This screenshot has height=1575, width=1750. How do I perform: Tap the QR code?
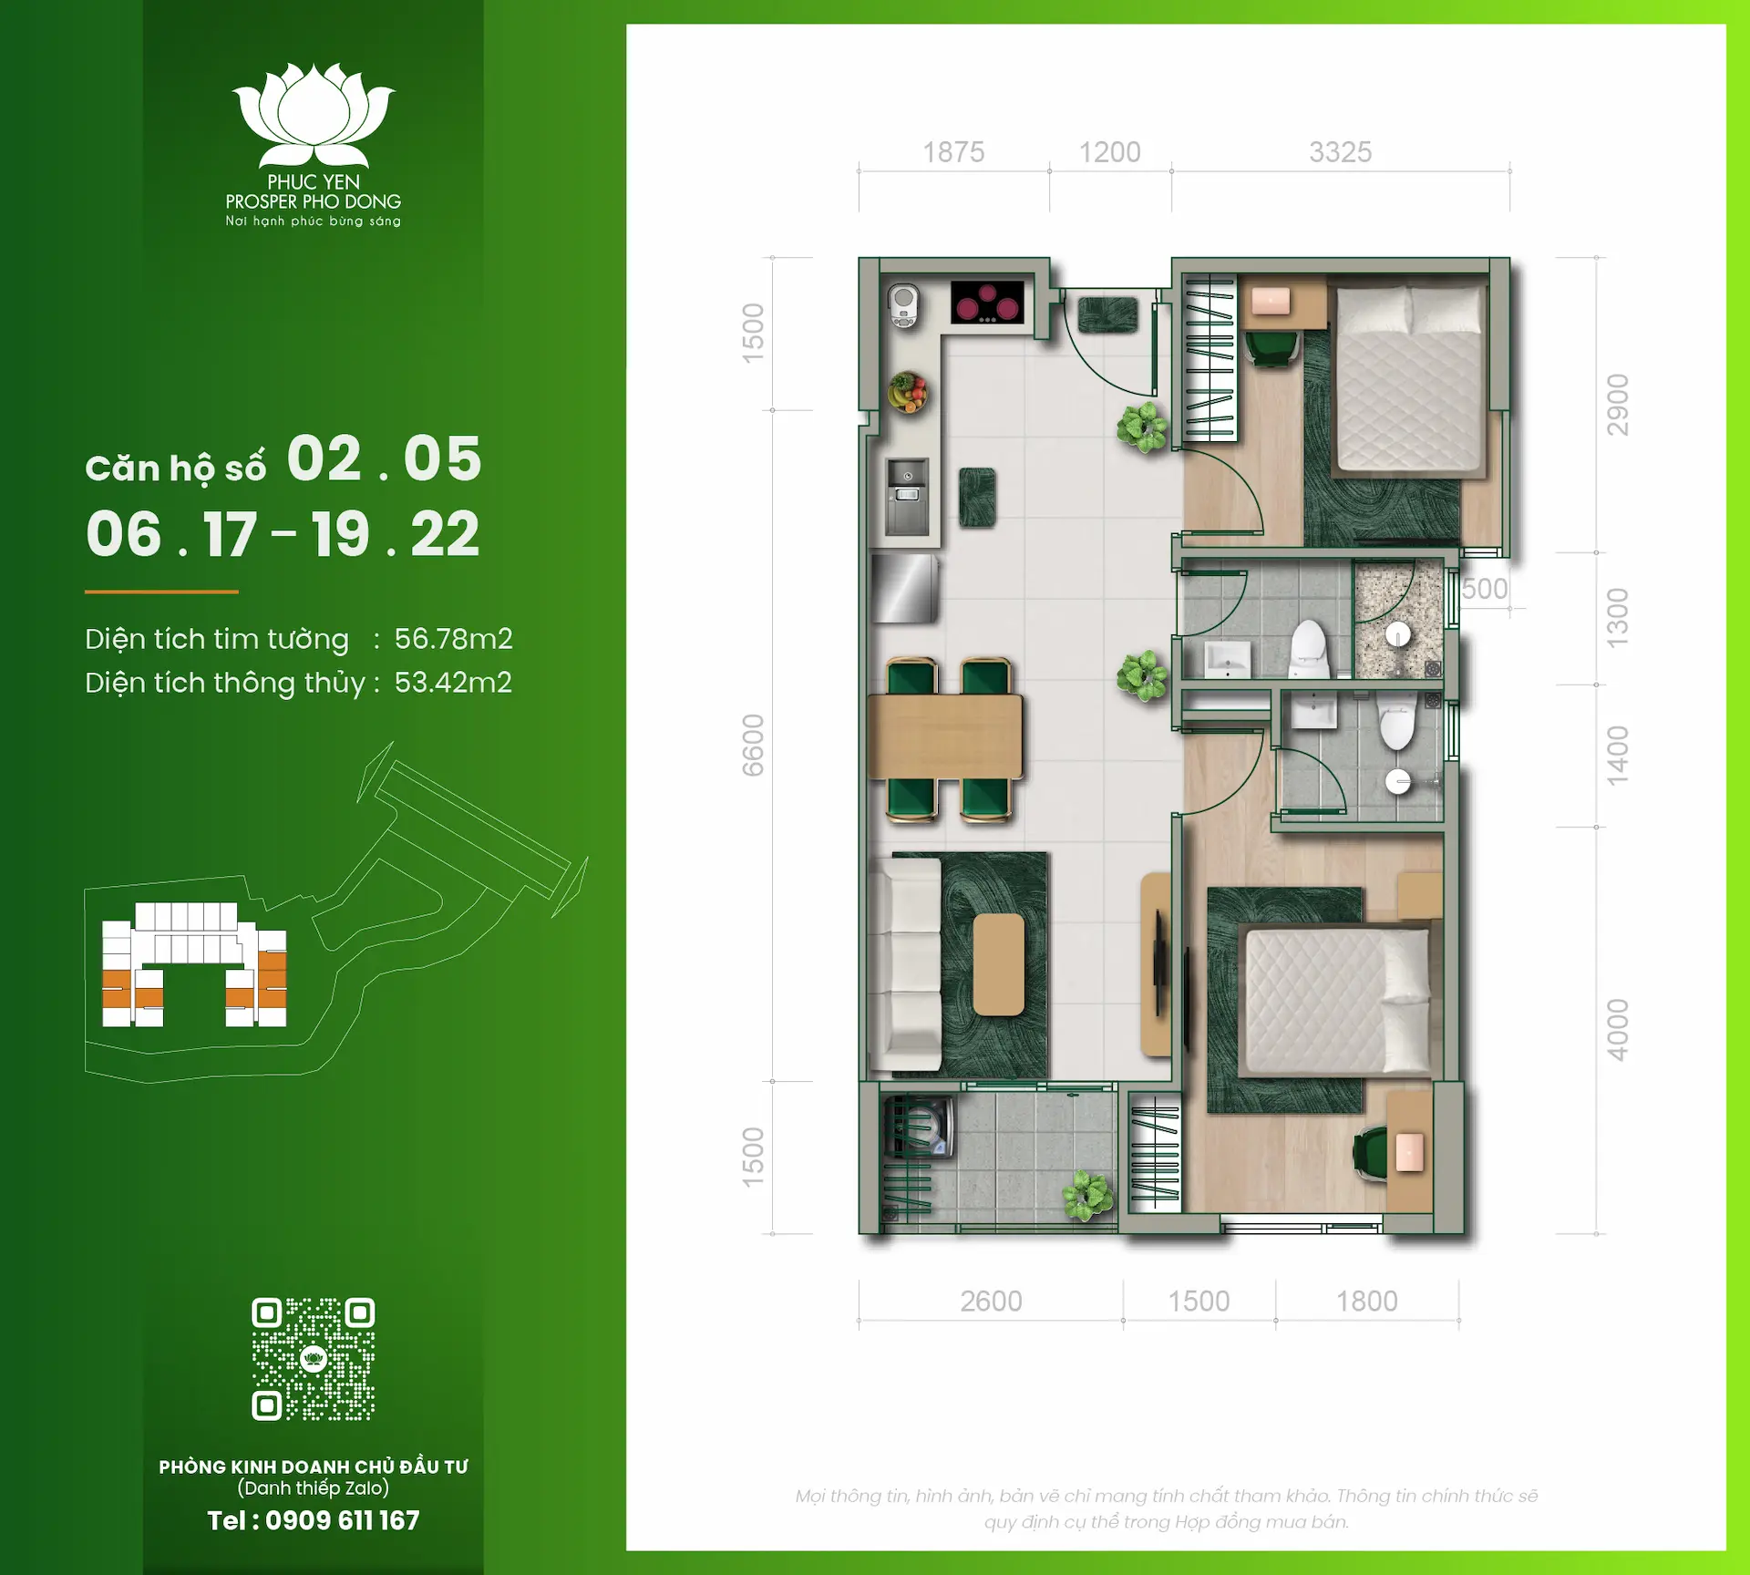point(313,1358)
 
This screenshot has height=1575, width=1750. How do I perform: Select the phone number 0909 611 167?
point(342,1520)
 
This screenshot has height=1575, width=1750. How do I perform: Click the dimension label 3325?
point(1340,152)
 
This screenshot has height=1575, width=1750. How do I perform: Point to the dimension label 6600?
point(753,746)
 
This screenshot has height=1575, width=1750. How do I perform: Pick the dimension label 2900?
point(1617,405)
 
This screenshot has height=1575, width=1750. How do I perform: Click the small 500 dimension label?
point(1485,589)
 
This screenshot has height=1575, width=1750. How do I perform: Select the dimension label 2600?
point(991,1301)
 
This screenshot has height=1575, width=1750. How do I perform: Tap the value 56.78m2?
point(453,639)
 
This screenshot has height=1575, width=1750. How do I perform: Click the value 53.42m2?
point(453,683)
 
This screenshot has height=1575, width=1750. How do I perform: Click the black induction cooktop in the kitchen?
point(987,303)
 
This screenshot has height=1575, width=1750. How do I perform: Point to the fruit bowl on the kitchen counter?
point(908,393)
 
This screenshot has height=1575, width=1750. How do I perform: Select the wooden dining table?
point(945,736)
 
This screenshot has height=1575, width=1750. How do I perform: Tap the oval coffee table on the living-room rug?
point(998,964)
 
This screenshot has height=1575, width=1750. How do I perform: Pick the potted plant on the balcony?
point(1087,1195)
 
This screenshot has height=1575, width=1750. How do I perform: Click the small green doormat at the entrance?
point(1107,315)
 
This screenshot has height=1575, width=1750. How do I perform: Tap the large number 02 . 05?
point(384,458)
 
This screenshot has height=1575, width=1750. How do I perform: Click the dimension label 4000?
point(1617,1030)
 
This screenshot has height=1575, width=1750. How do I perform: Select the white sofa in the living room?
point(906,964)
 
